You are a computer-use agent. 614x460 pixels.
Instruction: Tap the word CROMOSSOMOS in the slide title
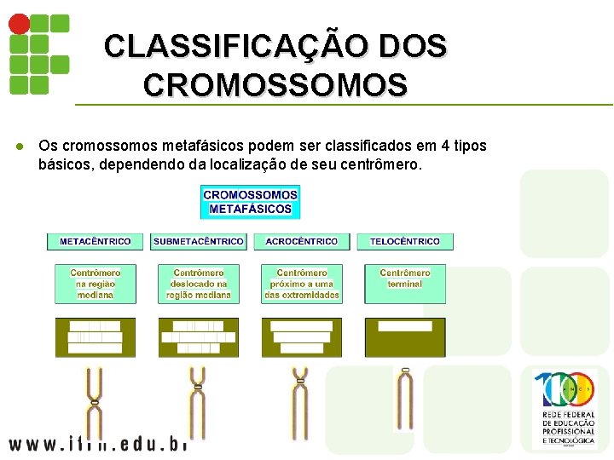(275, 85)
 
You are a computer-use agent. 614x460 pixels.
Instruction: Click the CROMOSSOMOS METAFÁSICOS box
(250, 202)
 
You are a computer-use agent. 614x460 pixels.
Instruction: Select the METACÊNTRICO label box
(96, 241)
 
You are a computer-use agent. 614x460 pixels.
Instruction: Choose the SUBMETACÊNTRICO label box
(199, 241)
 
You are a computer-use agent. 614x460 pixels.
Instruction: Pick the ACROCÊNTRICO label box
(302, 241)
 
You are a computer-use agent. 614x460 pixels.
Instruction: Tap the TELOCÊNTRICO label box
(405, 241)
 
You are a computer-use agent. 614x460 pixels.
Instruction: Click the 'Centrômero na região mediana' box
(96, 284)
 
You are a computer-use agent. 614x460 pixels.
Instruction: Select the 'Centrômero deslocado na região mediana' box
(199, 284)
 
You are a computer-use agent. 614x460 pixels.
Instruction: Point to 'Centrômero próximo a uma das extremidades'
(302, 284)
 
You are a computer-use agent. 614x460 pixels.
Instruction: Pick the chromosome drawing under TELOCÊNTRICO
(405, 399)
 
